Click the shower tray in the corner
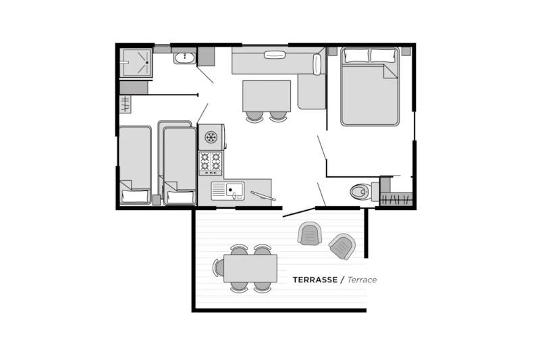(136, 62)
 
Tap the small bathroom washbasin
(184, 58)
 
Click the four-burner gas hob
(211, 163)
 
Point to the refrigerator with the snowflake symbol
(211, 137)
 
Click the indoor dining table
(267, 95)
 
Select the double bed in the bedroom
(369, 88)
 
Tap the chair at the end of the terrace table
(219, 268)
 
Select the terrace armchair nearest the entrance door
(310, 234)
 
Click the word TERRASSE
(315, 280)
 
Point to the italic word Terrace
(362, 280)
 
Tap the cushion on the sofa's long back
(273, 55)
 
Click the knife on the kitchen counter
(263, 196)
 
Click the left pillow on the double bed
(356, 56)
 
